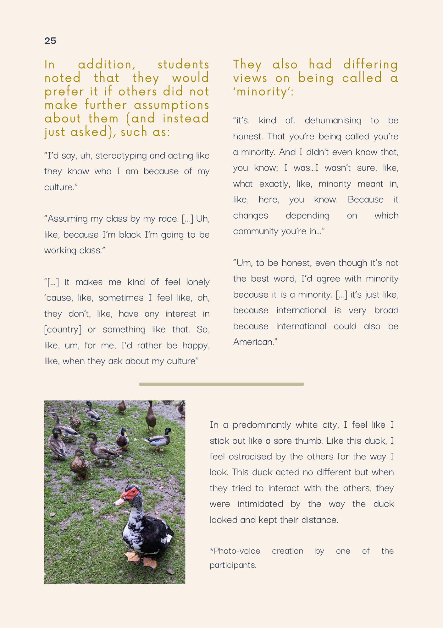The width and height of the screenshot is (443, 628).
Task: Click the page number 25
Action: click(x=50, y=41)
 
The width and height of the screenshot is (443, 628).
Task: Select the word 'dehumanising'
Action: click(x=333, y=121)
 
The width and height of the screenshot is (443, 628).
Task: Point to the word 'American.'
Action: click(x=255, y=342)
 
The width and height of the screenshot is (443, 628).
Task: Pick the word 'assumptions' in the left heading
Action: click(x=172, y=105)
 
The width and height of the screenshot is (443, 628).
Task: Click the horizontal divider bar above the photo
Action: click(x=221, y=384)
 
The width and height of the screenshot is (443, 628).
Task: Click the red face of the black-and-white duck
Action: click(x=130, y=493)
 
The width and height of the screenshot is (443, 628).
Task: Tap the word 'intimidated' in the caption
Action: click(x=260, y=504)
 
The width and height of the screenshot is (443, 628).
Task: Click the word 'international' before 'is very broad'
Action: click(x=302, y=311)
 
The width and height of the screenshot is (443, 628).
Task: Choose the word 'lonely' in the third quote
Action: click(x=198, y=282)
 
